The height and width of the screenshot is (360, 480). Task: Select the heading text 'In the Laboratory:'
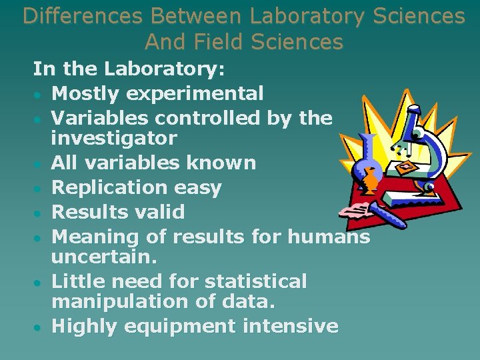(129, 69)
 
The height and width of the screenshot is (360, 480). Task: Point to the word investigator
(114, 139)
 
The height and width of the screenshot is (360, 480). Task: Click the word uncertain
(104, 257)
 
